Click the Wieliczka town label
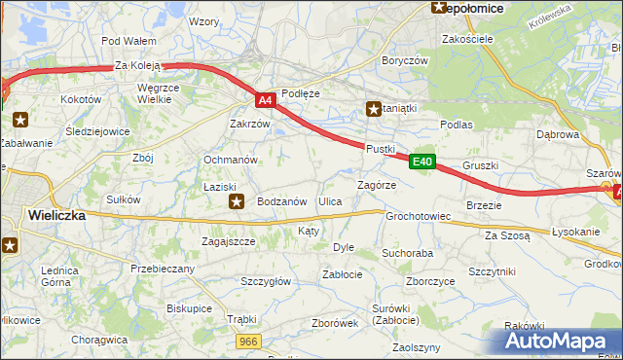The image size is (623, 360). pos(56,215)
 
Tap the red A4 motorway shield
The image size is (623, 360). pos(266,99)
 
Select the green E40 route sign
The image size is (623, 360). pos(421,162)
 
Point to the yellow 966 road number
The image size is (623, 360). pos(249,341)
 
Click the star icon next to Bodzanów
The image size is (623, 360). pos(237,201)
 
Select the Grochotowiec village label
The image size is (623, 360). pos(418,216)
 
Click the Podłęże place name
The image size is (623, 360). pos(300,93)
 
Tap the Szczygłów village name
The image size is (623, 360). pos(266,281)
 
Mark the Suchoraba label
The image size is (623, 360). pos(407,253)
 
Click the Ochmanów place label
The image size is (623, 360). pos(230,159)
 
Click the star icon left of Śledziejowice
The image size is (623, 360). pos(20,121)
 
